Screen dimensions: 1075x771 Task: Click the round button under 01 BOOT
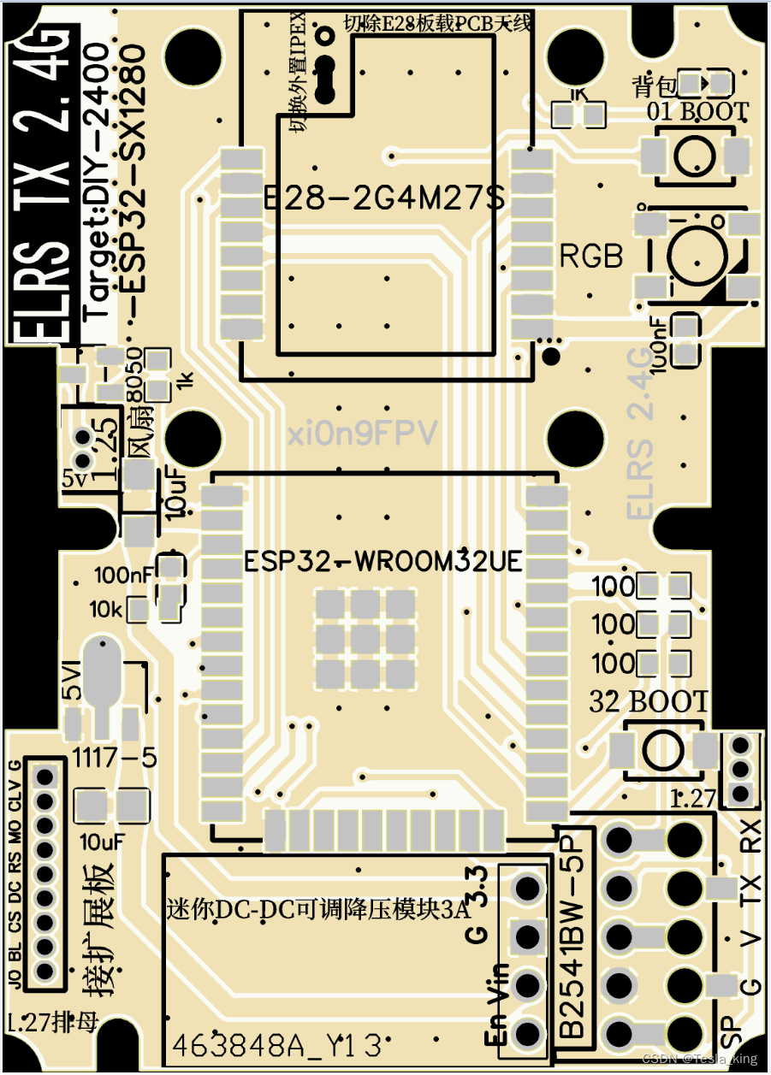pyautogui.click(x=695, y=155)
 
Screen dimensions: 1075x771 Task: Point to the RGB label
pyautogui.click(x=591, y=256)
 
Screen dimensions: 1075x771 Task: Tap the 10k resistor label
pyautogui.click(x=107, y=610)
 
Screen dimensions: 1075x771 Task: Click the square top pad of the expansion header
pyautogui.click(x=45, y=777)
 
